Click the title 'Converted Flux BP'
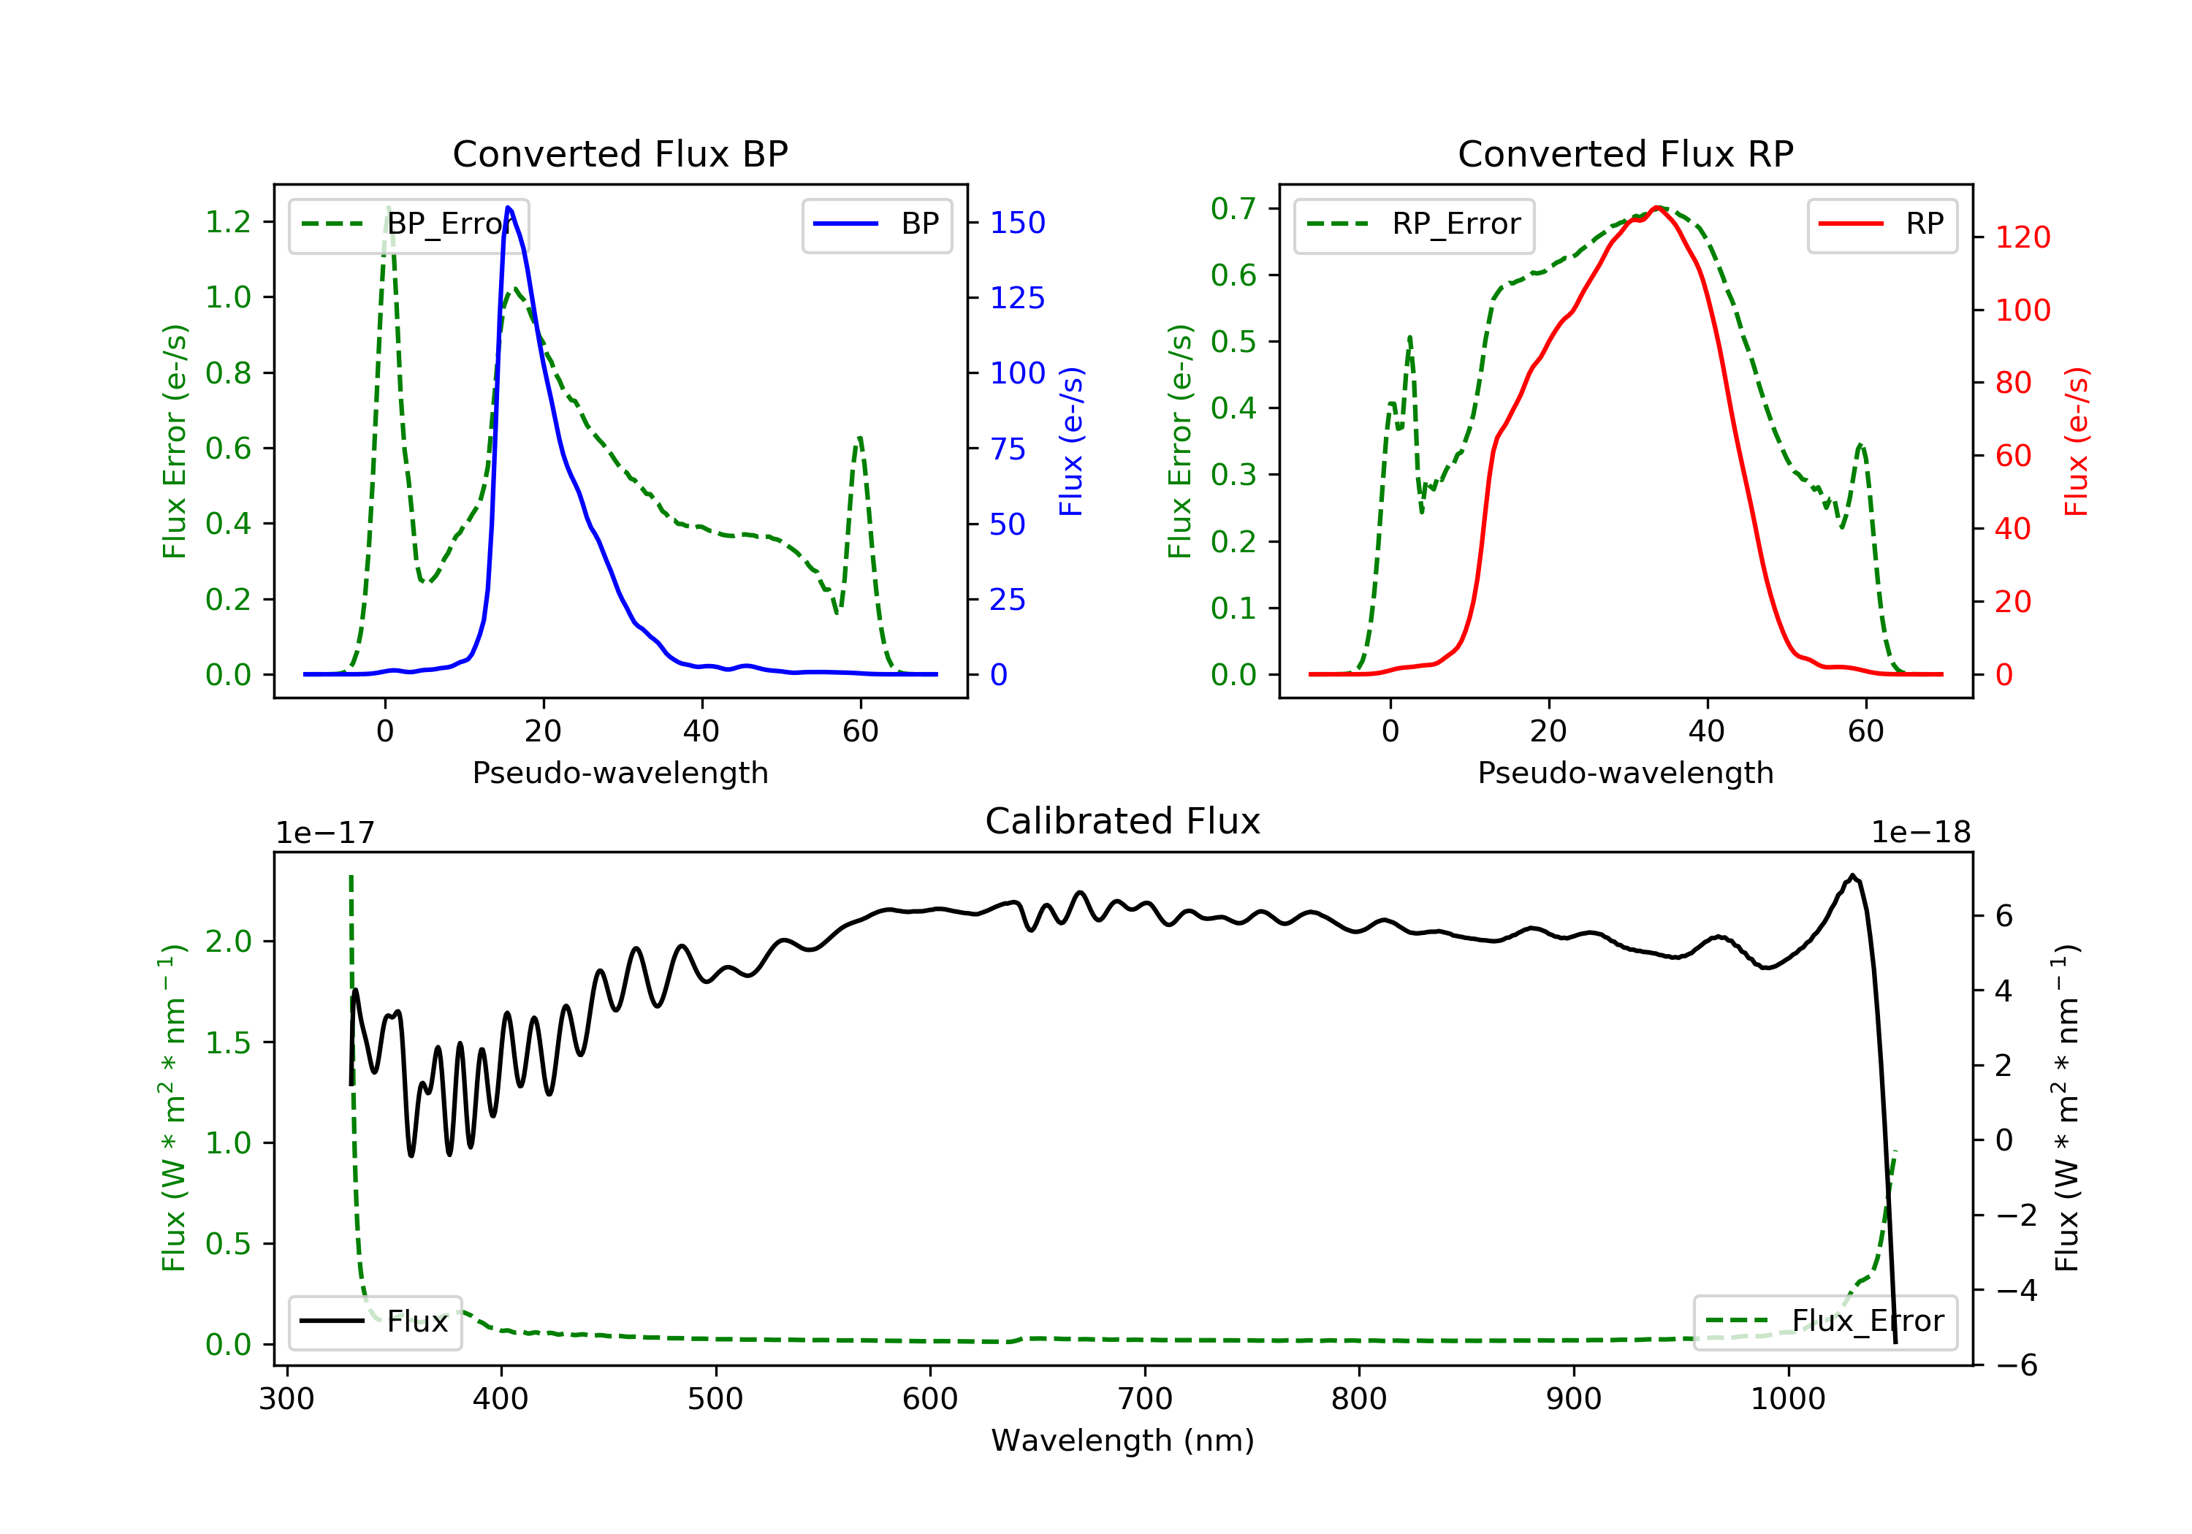[620, 153]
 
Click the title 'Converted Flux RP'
[1625, 153]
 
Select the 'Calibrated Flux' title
[1123, 821]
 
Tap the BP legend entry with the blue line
[876, 224]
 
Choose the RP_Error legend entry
[1414, 224]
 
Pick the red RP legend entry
[1881, 224]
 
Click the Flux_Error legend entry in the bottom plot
[1824, 1321]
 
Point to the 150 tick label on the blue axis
[1018, 222]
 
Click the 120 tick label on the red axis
[2023, 237]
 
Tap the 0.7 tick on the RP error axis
[1233, 208]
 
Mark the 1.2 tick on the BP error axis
[228, 221]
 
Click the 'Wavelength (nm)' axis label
[1123, 1440]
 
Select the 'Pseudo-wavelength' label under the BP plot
[620, 772]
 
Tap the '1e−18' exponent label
[1921, 833]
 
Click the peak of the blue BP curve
[508, 207]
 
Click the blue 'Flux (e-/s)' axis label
[1071, 441]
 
